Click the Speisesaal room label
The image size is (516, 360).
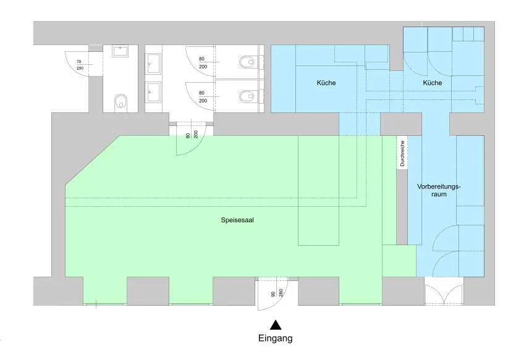click(237, 220)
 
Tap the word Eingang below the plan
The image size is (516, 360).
click(276, 338)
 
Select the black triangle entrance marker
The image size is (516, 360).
click(276, 325)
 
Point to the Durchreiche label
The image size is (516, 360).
click(402, 154)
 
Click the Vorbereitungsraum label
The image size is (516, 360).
click(439, 190)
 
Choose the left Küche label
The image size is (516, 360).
click(326, 83)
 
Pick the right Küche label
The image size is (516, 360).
click(433, 83)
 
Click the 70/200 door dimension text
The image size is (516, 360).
click(79, 65)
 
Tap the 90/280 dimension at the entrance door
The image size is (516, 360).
click(277, 293)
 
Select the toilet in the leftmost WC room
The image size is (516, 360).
click(121, 103)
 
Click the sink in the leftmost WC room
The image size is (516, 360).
click(121, 52)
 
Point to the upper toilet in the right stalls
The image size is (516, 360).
click(247, 62)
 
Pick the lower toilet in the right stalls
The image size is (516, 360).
click(247, 96)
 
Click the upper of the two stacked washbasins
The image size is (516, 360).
click(154, 64)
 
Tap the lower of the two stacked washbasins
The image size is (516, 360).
click(154, 92)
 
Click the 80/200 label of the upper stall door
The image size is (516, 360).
click(203, 63)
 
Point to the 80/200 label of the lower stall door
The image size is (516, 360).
click(203, 97)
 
